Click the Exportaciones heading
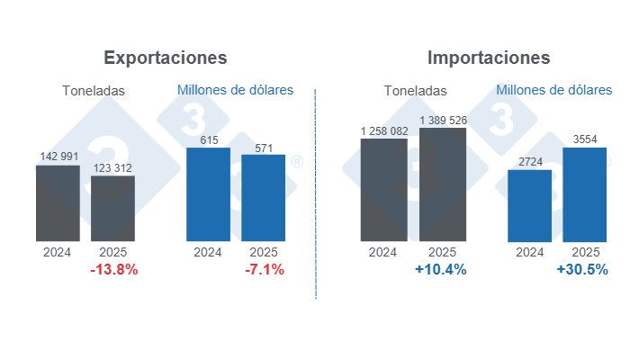click(166, 58)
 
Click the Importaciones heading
click(489, 58)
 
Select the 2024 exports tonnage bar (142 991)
click(58, 203)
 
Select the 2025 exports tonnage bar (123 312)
click(113, 209)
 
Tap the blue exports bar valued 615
click(208, 194)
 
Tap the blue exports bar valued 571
click(264, 198)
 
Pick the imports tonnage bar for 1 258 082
click(383, 190)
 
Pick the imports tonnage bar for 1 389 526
click(443, 184)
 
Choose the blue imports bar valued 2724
click(529, 205)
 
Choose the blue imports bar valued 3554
click(585, 194)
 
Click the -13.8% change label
click(113, 270)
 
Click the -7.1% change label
click(264, 270)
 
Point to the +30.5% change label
click(582, 270)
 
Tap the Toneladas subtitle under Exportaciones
click(94, 90)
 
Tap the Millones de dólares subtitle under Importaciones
click(553, 90)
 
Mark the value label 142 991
click(58, 157)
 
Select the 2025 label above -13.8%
click(113, 252)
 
